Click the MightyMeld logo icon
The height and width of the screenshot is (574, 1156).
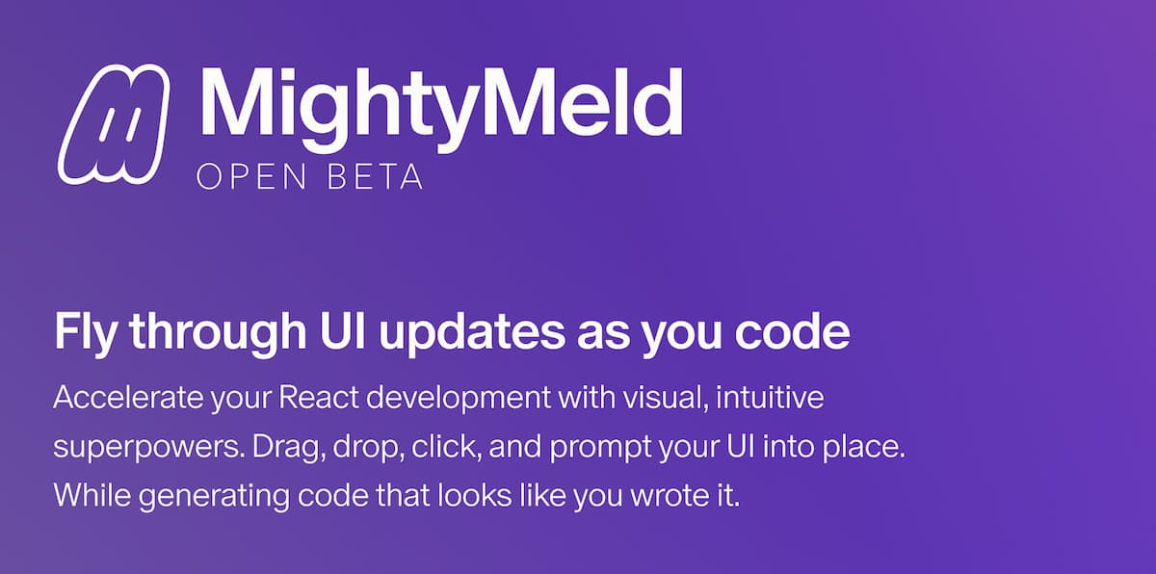click(x=114, y=122)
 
